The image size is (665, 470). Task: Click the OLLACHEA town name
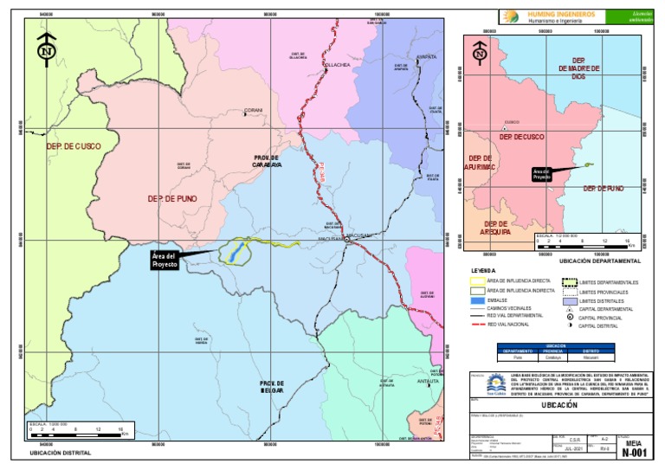point(336,65)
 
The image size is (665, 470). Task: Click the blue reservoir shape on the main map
point(234,253)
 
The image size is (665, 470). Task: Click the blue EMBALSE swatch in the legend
point(476,301)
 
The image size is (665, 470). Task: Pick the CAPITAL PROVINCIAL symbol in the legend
point(570,318)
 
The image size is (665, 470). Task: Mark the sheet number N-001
point(635,452)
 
